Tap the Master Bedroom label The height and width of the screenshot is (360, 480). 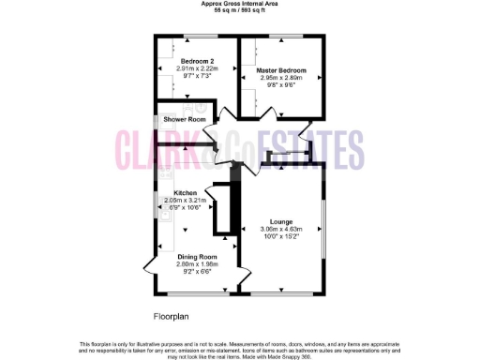point(282,70)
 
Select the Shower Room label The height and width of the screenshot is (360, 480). point(185,120)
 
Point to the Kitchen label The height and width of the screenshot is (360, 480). point(185,192)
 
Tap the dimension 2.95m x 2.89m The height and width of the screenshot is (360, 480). point(282,78)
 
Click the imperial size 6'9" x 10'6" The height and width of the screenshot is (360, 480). point(185,208)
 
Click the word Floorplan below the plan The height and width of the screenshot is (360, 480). point(172,315)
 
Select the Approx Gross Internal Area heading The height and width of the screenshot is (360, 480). point(240,4)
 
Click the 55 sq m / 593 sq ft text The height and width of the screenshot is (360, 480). point(240,10)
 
